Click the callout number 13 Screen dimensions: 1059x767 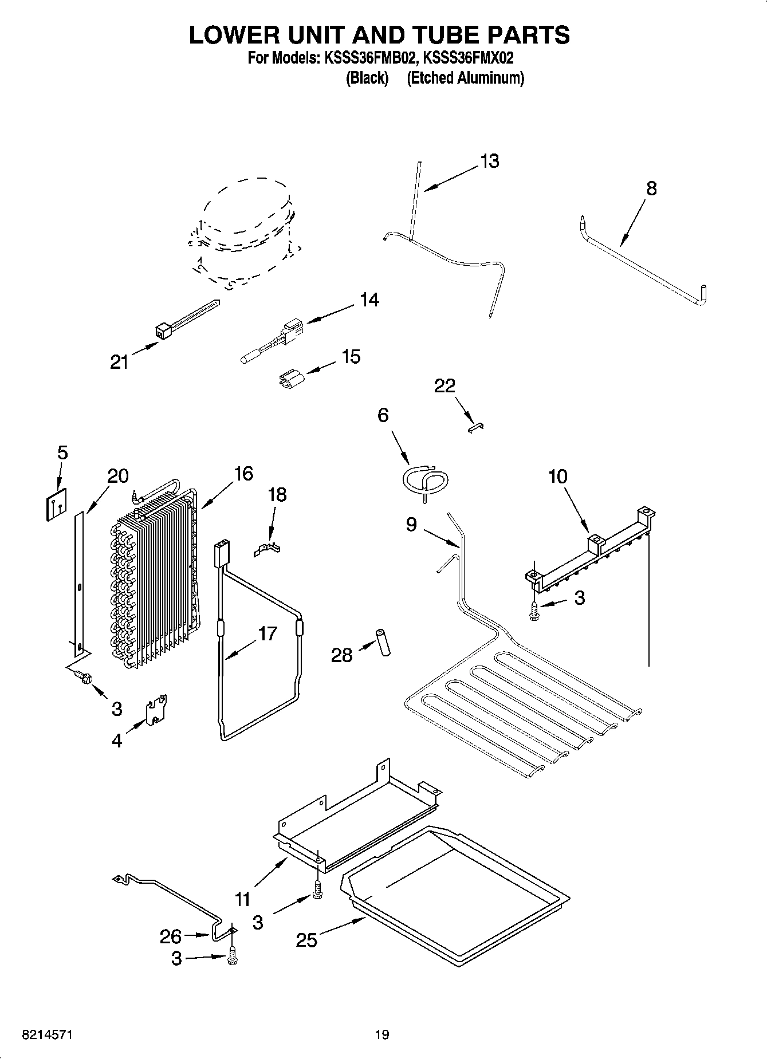click(x=489, y=162)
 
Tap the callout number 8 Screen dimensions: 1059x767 click(x=651, y=188)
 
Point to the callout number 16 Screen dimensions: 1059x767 click(x=243, y=474)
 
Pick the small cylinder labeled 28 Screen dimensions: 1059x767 click(x=382, y=642)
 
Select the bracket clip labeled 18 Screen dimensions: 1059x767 click(x=268, y=550)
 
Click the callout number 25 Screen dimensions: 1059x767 click(x=306, y=940)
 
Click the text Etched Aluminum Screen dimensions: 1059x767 click(x=465, y=78)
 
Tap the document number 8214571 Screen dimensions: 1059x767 click(x=47, y=1034)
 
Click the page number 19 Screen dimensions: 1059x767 click(x=382, y=1034)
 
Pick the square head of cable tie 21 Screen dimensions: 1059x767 click(x=163, y=330)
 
